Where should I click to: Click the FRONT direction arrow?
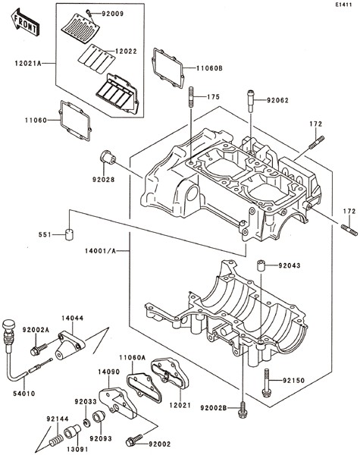25,21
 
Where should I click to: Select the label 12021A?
29,63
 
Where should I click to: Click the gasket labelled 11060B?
168,68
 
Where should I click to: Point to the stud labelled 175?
192,96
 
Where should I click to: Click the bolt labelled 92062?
251,101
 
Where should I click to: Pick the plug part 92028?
108,157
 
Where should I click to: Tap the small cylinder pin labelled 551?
70,235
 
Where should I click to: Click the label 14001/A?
100,251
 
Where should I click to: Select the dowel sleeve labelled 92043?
261,265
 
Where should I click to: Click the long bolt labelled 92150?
267,383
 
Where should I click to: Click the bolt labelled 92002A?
39,349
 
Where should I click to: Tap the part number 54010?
24,394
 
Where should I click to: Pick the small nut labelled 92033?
86,422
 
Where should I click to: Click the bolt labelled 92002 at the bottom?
134,440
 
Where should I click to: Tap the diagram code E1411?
344,5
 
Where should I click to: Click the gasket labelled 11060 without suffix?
76,121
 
